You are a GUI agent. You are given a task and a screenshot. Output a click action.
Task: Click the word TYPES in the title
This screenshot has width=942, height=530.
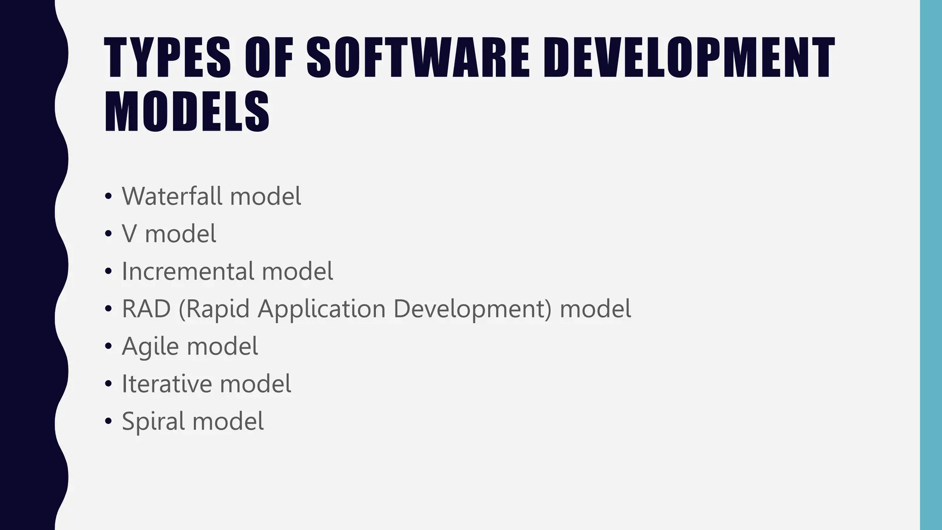(x=167, y=58)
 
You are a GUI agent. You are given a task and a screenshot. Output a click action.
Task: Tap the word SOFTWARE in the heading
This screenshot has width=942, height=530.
(x=418, y=58)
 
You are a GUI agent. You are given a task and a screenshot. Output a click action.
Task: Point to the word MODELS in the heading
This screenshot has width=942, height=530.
(x=187, y=112)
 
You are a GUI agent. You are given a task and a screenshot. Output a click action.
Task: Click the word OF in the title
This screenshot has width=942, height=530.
(x=269, y=58)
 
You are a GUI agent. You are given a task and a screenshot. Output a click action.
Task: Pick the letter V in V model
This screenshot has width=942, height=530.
(x=130, y=234)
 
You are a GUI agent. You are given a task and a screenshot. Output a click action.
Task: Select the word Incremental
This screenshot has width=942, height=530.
(x=188, y=271)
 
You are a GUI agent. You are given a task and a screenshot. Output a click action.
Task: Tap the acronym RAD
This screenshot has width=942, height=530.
(x=146, y=309)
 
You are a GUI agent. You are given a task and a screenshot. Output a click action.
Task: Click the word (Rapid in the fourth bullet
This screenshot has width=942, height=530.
(x=213, y=309)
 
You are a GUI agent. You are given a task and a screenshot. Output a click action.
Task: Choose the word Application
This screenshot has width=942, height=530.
(x=322, y=309)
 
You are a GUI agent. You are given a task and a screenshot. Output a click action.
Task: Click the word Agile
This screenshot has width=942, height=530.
(x=150, y=346)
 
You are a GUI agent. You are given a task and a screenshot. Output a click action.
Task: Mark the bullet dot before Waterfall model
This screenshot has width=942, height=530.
(x=108, y=197)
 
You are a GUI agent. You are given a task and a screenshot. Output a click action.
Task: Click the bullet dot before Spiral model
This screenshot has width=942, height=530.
(x=108, y=421)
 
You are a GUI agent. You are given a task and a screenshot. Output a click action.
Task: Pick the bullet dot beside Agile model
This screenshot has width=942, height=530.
(x=108, y=346)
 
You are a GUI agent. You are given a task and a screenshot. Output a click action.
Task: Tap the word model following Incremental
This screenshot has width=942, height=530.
(x=298, y=271)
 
